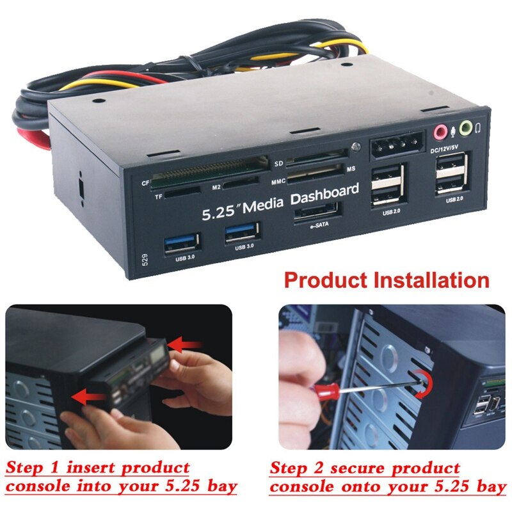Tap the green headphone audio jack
pyautogui.click(x=465, y=128)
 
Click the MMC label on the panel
pyautogui.click(x=278, y=181)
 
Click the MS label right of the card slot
pyautogui.click(x=351, y=168)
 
